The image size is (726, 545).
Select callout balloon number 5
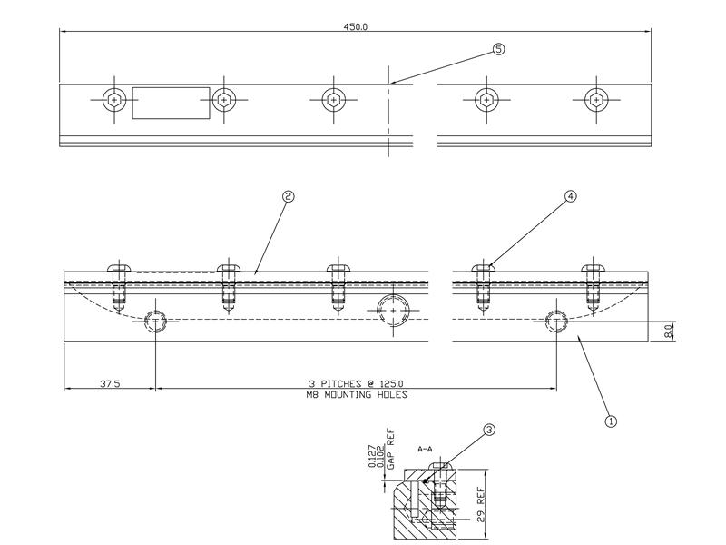(498, 49)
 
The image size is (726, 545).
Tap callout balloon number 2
(289, 195)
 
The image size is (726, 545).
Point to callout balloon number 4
(571, 195)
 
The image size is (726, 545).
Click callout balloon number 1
(611, 421)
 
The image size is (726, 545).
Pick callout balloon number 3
(489, 431)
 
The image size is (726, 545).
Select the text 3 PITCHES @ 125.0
(355, 384)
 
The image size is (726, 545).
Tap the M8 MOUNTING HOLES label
(355, 395)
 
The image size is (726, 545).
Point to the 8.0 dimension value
(669, 332)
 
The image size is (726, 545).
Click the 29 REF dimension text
(482, 505)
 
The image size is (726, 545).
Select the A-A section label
(426, 449)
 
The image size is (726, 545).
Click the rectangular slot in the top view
(171, 103)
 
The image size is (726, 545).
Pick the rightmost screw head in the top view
(595, 99)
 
